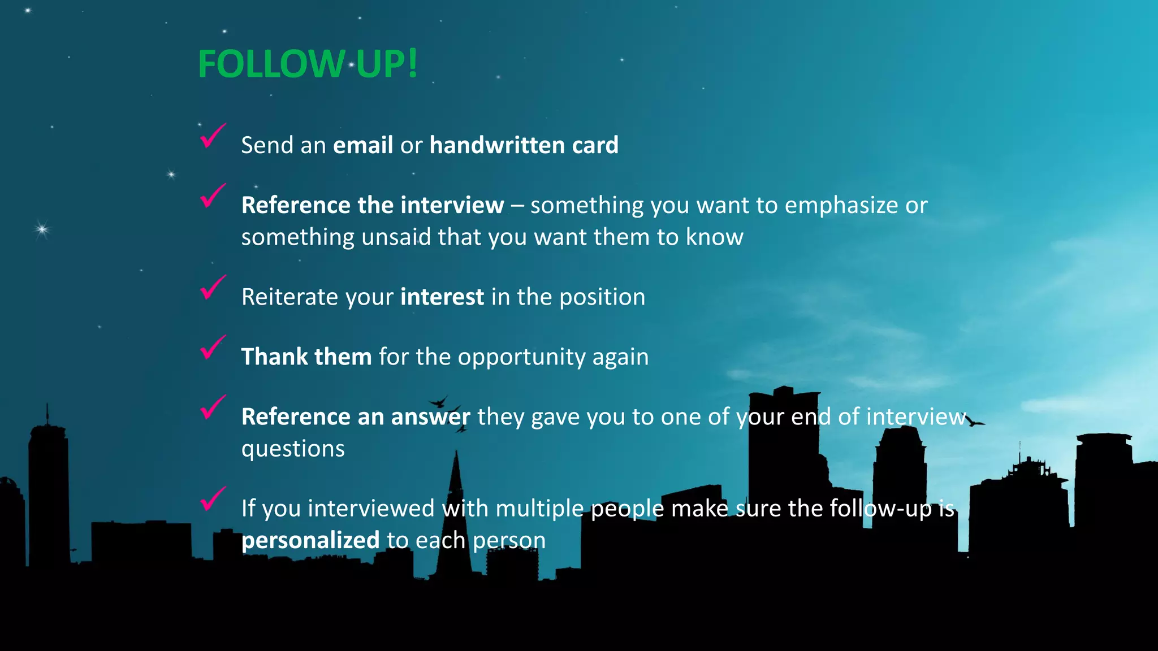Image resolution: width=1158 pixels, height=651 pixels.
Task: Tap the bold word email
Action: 362,145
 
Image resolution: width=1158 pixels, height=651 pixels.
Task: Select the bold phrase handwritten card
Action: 524,145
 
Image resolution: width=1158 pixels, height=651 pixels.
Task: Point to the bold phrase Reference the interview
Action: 372,205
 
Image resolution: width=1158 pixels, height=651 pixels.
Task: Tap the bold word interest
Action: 442,297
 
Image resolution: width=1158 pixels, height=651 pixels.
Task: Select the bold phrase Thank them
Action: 306,357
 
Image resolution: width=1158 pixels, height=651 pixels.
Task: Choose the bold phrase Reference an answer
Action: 355,417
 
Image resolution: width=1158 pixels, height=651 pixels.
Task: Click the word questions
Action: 293,449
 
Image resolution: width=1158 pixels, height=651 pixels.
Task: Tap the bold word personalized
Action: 310,541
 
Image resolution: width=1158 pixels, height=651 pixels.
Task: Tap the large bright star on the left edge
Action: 42,229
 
